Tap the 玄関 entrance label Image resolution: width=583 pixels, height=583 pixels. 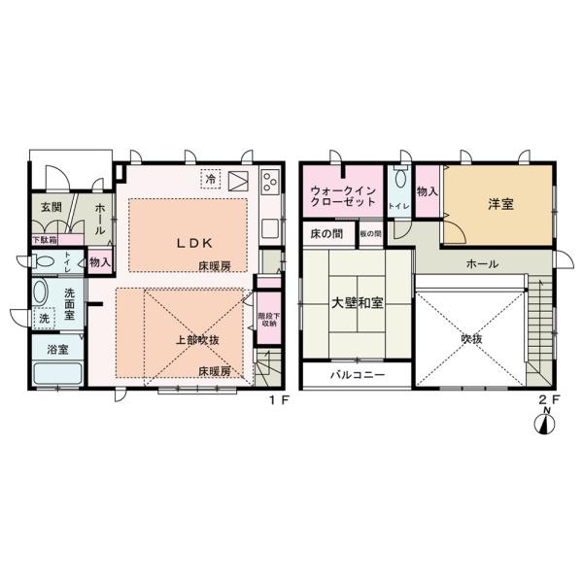51,207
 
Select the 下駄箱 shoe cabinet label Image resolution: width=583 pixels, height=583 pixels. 44,239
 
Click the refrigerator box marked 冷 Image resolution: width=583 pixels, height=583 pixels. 211,178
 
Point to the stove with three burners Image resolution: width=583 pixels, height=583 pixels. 268,180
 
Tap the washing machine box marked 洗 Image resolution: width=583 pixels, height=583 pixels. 45,318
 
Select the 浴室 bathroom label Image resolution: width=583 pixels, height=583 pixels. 56,349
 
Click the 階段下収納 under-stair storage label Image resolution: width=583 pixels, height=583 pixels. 267,320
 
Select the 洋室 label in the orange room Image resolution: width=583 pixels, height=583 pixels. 500,205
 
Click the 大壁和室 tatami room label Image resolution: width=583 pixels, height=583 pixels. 358,303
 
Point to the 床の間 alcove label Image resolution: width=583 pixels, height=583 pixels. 327,234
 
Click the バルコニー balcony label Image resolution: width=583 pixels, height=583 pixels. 357,374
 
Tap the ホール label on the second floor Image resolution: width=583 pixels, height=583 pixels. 483,263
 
